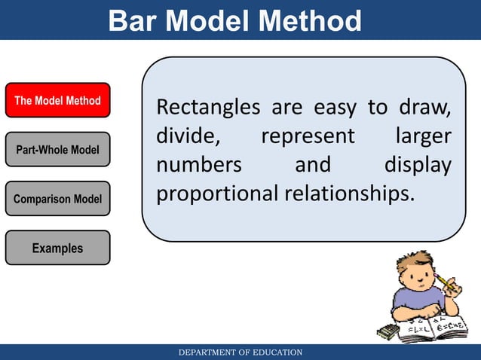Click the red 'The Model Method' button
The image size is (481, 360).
(57, 100)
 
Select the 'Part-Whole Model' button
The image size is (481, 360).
(57, 150)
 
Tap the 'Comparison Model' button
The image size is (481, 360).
(57, 199)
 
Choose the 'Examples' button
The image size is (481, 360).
(57, 248)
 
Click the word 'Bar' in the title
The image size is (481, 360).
(134, 20)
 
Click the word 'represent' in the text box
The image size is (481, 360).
(308, 137)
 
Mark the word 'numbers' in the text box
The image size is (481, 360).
(198, 165)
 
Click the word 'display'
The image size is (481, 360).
(418, 165)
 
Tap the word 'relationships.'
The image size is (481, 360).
(349, 194)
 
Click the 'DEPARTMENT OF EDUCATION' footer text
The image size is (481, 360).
(240, 352)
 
